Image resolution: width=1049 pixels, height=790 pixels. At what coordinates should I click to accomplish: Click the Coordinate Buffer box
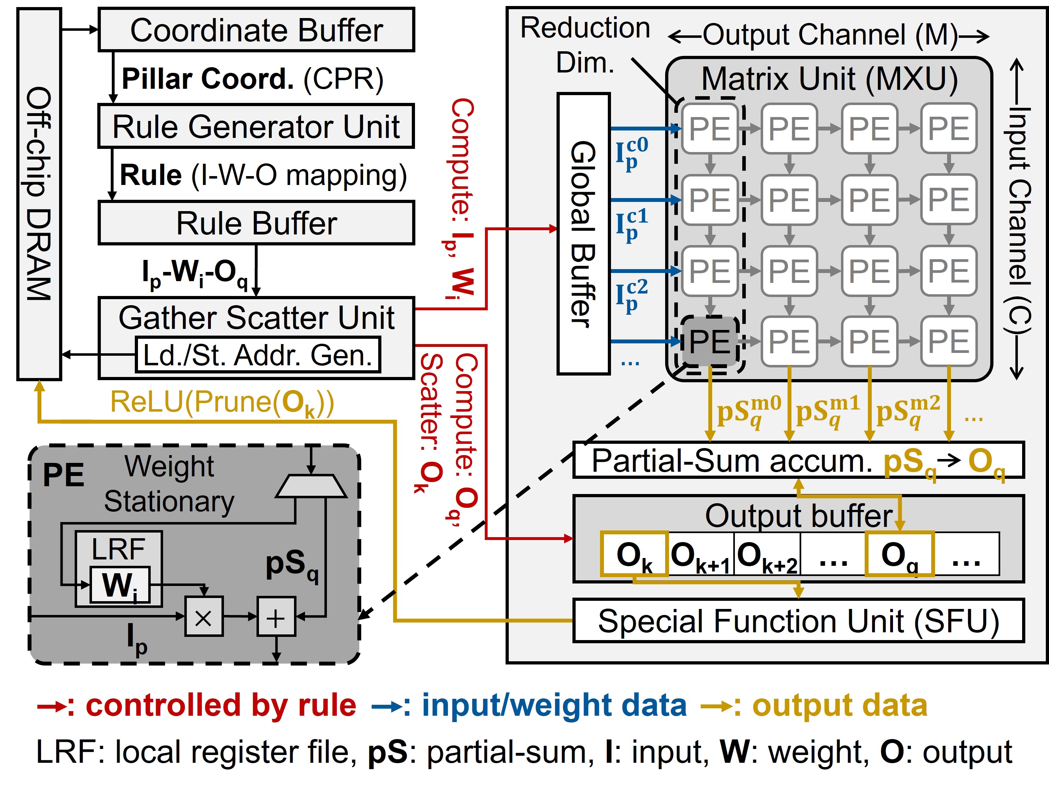point(256,30)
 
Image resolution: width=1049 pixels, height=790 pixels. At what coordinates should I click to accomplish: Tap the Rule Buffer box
point(256,223)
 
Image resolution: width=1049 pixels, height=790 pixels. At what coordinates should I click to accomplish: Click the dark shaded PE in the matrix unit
point(709,341)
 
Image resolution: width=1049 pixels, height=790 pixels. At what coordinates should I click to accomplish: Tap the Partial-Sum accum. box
point(798,460)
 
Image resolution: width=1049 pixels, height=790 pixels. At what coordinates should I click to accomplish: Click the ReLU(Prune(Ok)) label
point(221,403)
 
